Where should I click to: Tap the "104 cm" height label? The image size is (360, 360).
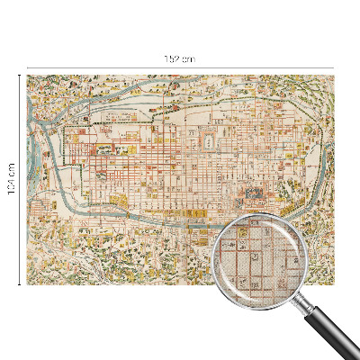[x=12, y=181]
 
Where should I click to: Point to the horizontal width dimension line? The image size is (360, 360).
[x=108, y=67]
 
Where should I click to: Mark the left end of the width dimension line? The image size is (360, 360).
[x=27, y=67]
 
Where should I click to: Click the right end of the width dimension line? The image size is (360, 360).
[x=334, y=67]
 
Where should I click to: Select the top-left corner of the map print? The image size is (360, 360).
[x=27, y=75]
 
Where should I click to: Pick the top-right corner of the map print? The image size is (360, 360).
[x=334, y=75]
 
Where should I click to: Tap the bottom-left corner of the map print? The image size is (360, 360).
[x=27, y=284]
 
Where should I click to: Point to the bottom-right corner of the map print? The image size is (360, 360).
[x=334, y=284]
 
